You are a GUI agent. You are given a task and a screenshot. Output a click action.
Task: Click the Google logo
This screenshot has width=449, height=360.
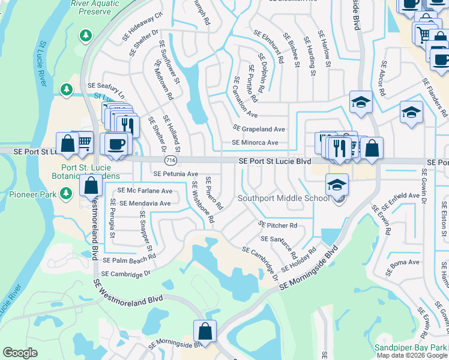click(x=20, y=353)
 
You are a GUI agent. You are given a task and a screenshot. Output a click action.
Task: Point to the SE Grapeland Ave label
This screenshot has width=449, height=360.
click(x=259, y=129)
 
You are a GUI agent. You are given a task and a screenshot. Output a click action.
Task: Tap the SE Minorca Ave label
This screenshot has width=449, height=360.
click(x=255, y=143)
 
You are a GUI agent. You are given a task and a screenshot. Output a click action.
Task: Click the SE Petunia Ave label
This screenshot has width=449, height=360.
click(x=175, y=174)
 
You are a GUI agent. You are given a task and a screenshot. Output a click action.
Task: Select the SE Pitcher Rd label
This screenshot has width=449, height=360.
click(x=278, y=225)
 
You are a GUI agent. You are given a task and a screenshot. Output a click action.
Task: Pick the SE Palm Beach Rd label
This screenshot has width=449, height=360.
click(x=129, y=260)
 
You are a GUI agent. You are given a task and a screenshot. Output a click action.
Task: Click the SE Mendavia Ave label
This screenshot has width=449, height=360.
click(x=145, y=203)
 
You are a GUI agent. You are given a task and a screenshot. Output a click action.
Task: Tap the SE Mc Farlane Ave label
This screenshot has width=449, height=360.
click(x=145, y=191)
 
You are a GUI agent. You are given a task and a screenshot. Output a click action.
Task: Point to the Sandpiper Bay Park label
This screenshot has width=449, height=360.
click(x=411, y=347)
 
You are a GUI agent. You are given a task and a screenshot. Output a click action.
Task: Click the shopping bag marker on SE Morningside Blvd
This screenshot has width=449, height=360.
click(x=205, y=331)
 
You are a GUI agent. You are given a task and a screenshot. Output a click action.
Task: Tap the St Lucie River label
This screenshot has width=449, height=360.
click(x=43, y=64)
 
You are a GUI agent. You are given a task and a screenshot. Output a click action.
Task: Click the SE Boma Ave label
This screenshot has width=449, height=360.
click(x=405, y=262)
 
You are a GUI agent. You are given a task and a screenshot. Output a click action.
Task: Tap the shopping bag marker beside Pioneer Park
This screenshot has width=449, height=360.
click(x=91, y=185)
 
